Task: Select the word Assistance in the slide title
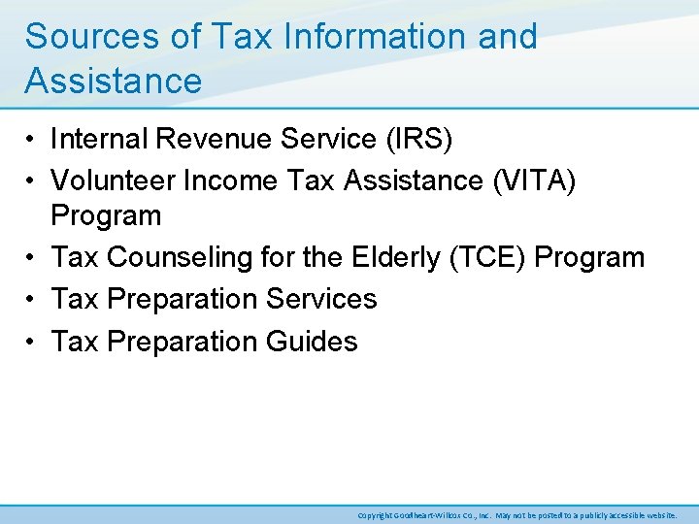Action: [114, 81]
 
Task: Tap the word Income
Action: [228, 180]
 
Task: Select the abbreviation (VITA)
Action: [533, 180]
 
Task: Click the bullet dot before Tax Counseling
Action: [32, 258]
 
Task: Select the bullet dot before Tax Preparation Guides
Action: [32, 342]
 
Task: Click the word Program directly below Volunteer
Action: [106, 214]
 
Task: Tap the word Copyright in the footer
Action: [375, 515]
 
